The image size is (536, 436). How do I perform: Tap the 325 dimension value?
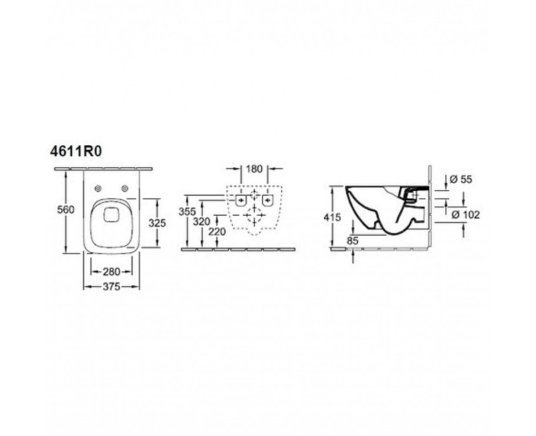tap(157, 221)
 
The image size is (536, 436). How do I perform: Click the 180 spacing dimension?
tap(254, 169)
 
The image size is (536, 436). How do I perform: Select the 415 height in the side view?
tap(332, 217)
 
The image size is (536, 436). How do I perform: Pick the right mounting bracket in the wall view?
tap(268, 200)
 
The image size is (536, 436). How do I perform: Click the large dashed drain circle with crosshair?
tap(254, 215)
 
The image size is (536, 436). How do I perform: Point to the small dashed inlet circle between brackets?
tap(254, 195)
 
